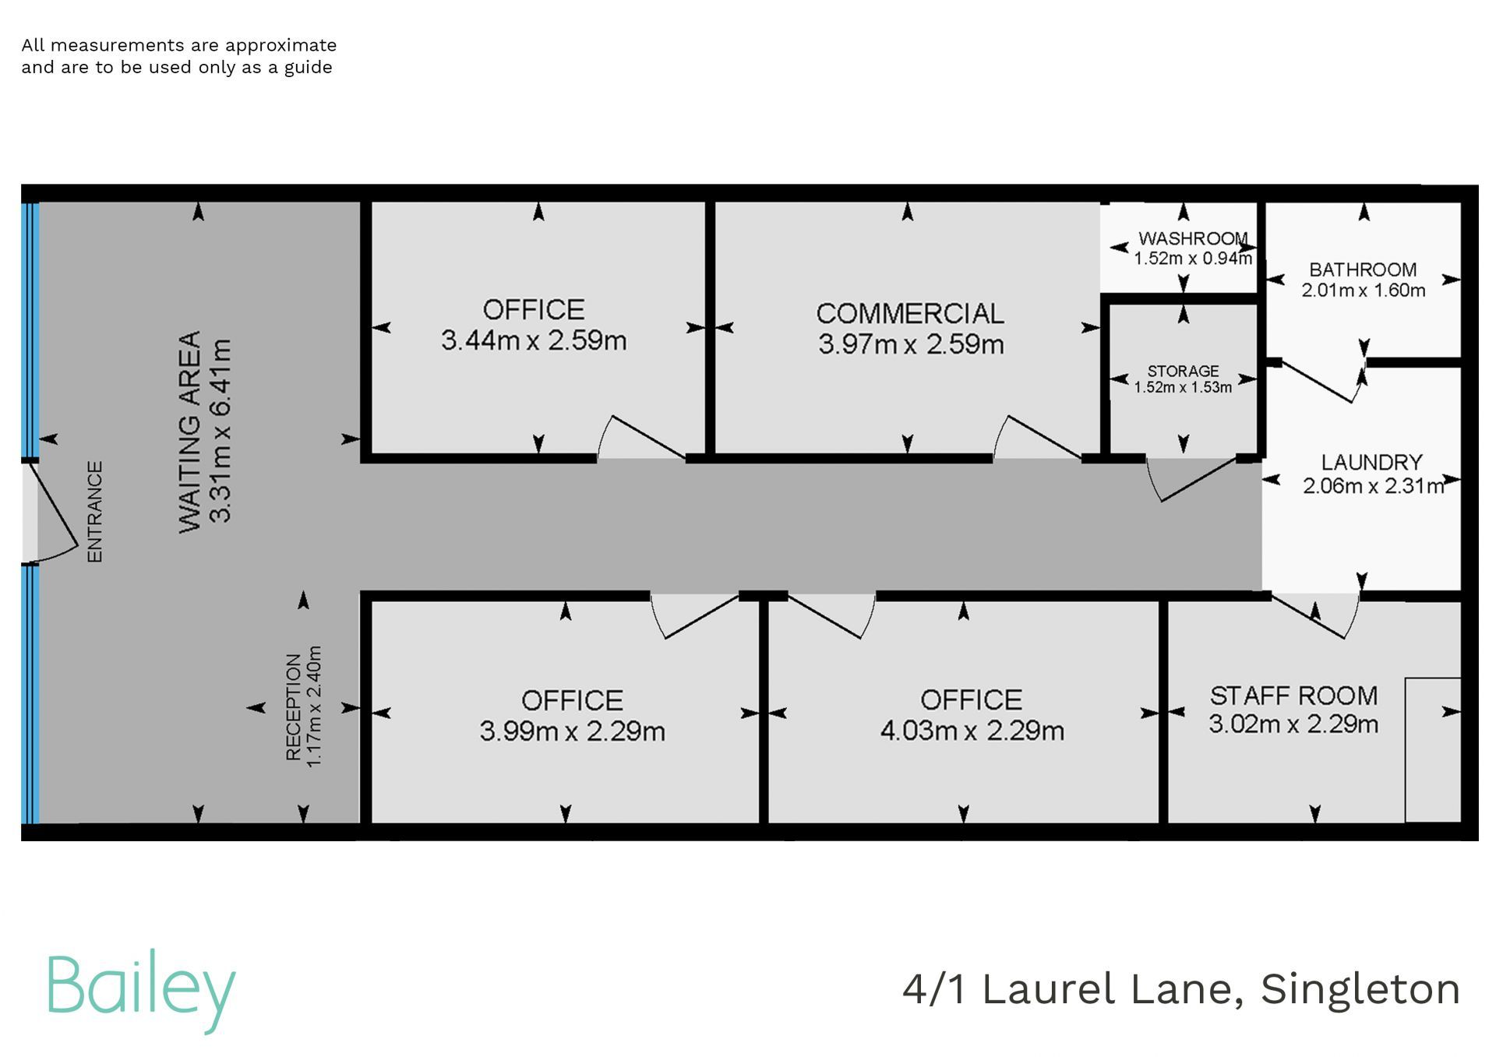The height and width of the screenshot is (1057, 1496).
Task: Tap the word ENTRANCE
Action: pyautogui.click(x=94, y=512)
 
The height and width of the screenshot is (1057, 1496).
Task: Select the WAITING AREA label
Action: pyautogui.click(x=190, y=432)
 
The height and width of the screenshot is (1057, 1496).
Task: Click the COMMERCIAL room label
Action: pyautogui.click(x=910, y=313)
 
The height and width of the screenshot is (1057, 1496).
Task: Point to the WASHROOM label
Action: pyautogui.click(x=1193, y=238)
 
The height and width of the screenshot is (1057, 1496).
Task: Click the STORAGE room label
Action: pyautogui.click(x=1183, y=371)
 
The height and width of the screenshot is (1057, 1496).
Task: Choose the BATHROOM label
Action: pyautogui.click(x=1363, y=270)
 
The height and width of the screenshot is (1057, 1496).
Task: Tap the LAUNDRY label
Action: pyautogui.click(x=1371, y=462)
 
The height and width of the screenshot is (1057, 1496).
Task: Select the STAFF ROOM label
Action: pyautogui.click(x=1293, y=695)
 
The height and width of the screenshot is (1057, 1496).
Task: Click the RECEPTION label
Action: pyautogui.click(x=293, y=707)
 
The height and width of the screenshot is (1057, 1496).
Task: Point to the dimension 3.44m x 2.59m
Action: pyautogui.click(x=534, y=340)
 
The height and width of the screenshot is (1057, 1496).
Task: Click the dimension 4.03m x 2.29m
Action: pyautogui.click(x=972, y=731)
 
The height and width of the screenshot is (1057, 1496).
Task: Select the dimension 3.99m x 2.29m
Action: pyautogui.click(x=572, y=731)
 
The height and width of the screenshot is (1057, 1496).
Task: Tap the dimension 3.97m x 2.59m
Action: pyautogui.click(x=911, y=344)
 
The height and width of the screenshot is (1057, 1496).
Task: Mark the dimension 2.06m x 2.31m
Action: pyautogui.click(x=1373, y=486)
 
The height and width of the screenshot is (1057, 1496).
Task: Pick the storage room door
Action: pyautogui.click(x=1192, y=479)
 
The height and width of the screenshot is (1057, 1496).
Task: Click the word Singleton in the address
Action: pyautogui.click(x=1360, y=989)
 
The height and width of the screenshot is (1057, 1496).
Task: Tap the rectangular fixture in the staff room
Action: pyautogui.click(x=1433, y=749)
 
